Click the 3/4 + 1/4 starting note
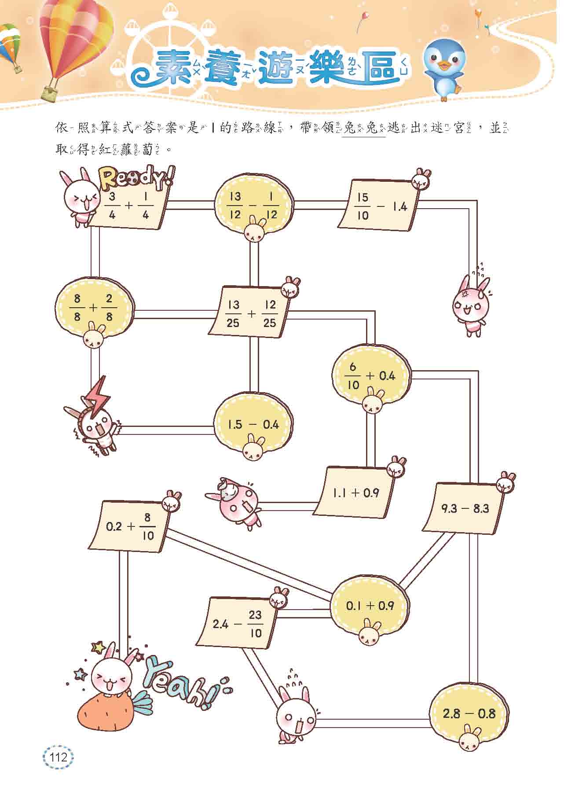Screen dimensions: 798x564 [x=130, y=206]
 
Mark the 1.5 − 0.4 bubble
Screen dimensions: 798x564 [x=253, y=424]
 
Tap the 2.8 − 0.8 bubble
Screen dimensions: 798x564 [x=469, y=713]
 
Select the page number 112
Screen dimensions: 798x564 [x=59, y=758]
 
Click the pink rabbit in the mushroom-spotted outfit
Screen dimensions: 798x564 [x=238, y=504]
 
